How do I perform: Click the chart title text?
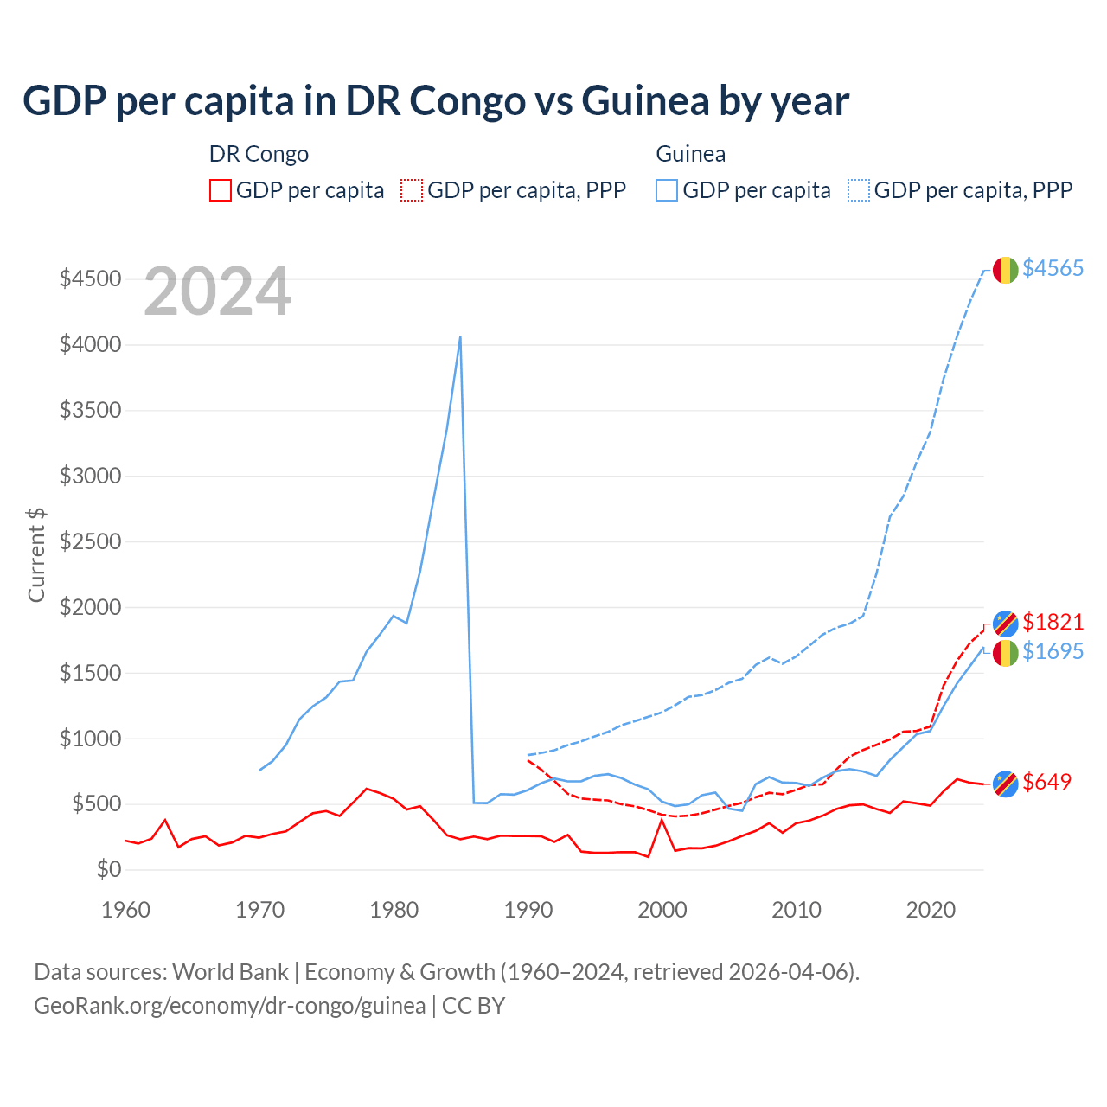coord(436,100)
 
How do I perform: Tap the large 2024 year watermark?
coord(217,292)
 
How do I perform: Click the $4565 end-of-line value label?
coord(1053,268)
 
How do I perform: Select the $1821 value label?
coord(1053,622)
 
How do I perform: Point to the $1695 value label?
coord(1053,651)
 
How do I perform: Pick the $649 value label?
coord(1046,782)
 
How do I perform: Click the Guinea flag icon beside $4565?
coord(1005,270)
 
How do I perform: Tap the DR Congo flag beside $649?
coord(1005,784)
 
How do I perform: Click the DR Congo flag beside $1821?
coord(1005,623)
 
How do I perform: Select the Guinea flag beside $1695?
coord(1005,654)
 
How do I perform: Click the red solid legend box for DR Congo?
coord(221,190)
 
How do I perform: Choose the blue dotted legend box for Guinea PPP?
coord(859,190)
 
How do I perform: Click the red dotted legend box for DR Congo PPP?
coord(412,190)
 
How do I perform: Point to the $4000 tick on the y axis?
coord(90,345)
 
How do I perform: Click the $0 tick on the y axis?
coord(108,869)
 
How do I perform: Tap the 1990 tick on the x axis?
coord(528,910)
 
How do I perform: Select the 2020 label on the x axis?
coord(931,910)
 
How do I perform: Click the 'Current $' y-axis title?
coord(36,554)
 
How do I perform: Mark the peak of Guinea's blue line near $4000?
coord(460,337)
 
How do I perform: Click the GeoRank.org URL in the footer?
coord(229,1006)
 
